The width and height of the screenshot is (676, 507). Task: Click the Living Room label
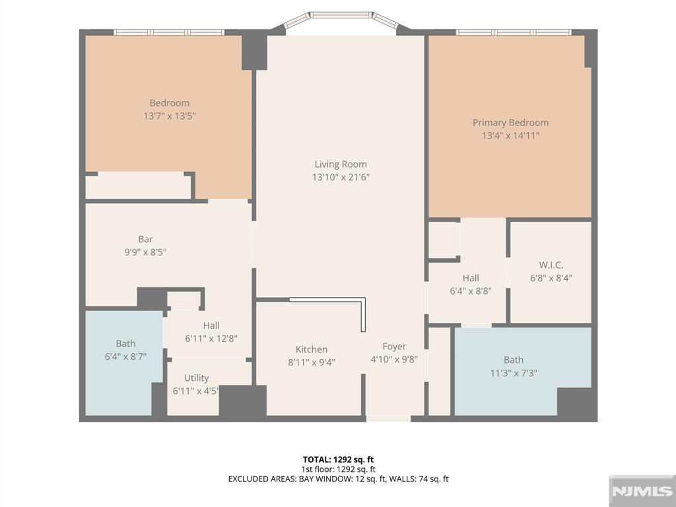click(341, 164)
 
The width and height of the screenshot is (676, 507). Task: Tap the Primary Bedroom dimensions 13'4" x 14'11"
click(510, 136)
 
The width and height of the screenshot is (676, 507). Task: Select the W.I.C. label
click(551, 265)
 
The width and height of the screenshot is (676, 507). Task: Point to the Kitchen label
click(312, 349)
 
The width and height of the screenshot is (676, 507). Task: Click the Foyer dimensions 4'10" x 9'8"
click(394, 359)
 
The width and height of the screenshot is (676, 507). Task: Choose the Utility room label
click(196, 378)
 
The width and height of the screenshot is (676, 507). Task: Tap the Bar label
click(145, 239)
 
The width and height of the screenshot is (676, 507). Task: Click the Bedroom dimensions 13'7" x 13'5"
click(170, 116)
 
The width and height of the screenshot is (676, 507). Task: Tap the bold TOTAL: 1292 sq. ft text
click(338, 459)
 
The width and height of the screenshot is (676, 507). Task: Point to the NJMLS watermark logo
click(642, 491)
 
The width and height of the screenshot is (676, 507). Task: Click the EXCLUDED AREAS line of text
click(338, 479)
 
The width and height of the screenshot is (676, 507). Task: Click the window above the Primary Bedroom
click(514, 32)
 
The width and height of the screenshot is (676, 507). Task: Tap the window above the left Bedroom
click(169, 32)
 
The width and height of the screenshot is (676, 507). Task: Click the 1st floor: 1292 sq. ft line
click(338, 469)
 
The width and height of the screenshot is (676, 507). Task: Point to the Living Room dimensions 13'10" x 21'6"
click(341, 177)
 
